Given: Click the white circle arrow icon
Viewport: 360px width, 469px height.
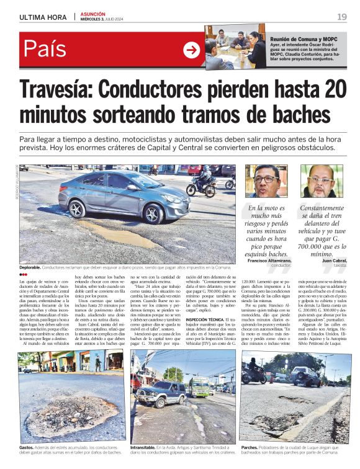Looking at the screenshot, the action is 192,50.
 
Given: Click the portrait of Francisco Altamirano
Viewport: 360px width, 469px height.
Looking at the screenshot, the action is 266,181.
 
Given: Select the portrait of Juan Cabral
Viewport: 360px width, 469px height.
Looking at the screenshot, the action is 321,181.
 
